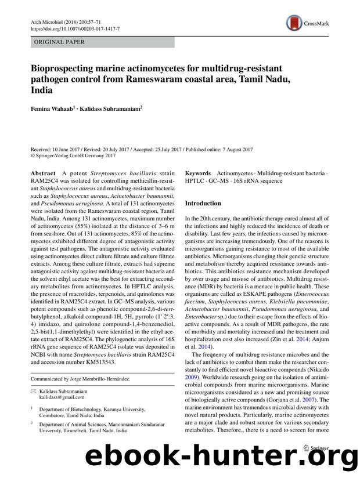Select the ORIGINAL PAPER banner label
[60, 42]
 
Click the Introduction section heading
[203, 204]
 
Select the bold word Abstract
[43, 174]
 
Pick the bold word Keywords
[197, 174]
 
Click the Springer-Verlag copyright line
[73, 155]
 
